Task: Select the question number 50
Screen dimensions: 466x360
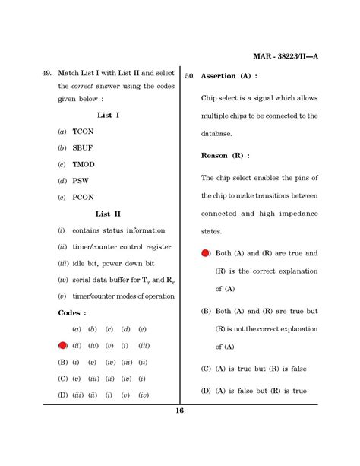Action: click(190, 77)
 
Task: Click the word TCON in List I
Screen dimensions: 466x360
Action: click(82, 132)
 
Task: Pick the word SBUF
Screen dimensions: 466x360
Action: click(83, 147)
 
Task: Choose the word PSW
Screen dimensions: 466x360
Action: click(80, 181)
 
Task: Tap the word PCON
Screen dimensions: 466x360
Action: click(83, 198)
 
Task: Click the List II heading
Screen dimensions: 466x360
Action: click(107, 214)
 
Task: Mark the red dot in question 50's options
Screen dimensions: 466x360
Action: click(206, 253)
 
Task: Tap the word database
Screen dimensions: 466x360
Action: click(220, 133)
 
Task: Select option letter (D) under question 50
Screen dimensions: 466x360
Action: click(206, 391)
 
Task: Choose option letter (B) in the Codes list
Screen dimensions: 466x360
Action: click(63, 362)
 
